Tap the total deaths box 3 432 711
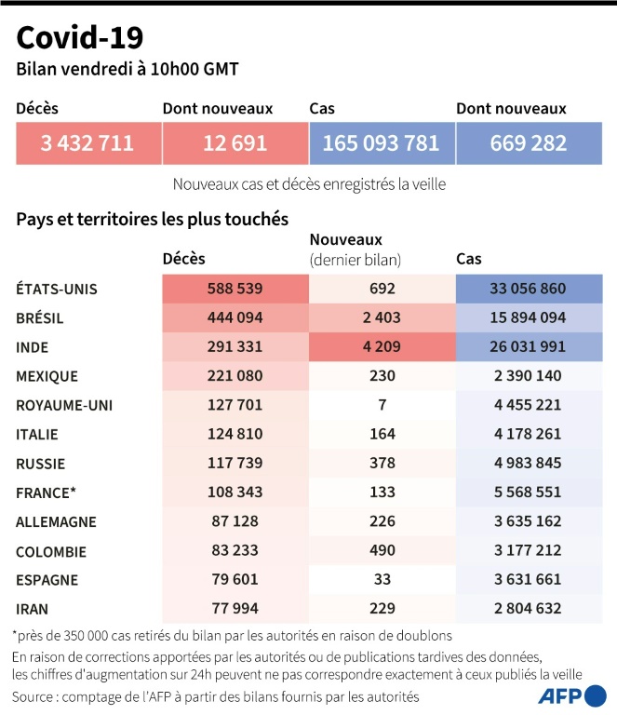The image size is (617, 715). coord(87,143)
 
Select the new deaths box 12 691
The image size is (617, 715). coord(234,143)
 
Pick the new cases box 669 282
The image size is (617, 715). coord(527,143)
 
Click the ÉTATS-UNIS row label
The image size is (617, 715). coord(57,289)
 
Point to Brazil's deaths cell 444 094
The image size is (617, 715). coord(234,318)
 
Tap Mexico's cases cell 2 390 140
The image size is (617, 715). coord(527,376)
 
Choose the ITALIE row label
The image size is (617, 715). coord(38,434)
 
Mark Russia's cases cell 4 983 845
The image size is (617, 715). coord(527,463)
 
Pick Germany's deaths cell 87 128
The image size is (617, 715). coord(234,521)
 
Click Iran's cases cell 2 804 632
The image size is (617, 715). coord(527,609)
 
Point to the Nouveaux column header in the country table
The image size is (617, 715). coord(346,240)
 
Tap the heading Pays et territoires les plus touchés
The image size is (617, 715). coord(152,219)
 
